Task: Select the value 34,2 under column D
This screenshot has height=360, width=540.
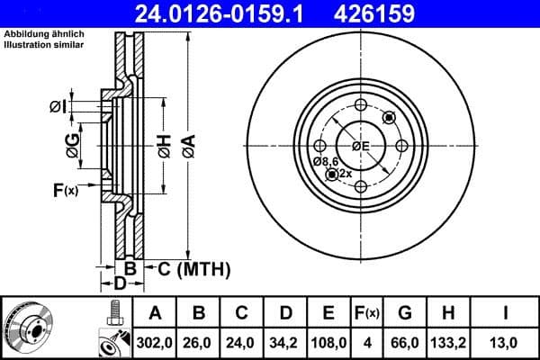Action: pos(284,342)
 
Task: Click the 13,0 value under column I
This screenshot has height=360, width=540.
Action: pos(506,342)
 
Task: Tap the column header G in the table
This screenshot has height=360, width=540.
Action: pos(405,313)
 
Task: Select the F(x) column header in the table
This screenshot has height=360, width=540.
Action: pos(367,313)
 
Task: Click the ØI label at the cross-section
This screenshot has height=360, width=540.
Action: pos(57,107)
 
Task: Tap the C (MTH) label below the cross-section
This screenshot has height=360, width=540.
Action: pos(190,268)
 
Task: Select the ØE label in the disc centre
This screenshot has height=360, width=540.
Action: pos(361,145)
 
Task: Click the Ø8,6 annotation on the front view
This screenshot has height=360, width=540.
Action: pos(325,161)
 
